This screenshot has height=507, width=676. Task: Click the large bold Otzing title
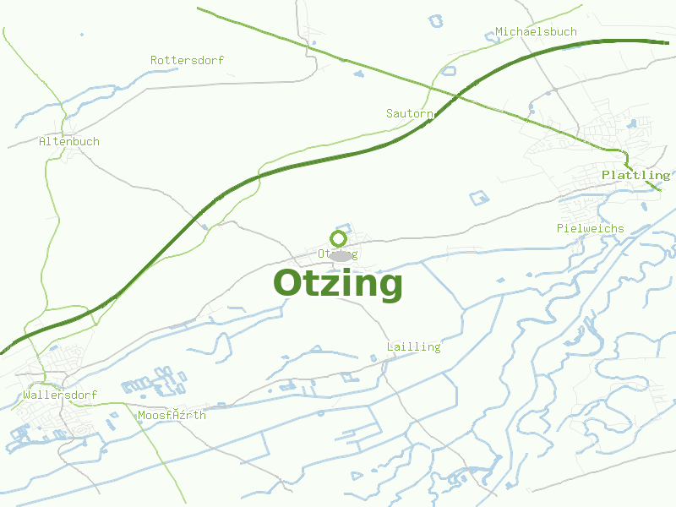click(x=338, y=284)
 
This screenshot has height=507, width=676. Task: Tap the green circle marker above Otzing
click(x=339, y=238)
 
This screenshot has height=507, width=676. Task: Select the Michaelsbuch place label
click(x=536, y=32)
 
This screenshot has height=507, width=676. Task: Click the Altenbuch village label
click(x=69, y=141)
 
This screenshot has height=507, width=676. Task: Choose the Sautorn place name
click(x=410, y=113)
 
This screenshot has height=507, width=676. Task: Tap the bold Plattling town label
click(x=635, y=175)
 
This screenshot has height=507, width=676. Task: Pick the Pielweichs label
click(x=591, y=228)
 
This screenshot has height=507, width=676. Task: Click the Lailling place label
click(x=413, y=346)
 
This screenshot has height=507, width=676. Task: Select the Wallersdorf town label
click(x=61, y=395)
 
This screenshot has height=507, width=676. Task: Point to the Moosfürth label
click(x=172, y=415)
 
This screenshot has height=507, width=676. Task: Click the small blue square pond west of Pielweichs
click(x=479, y=199)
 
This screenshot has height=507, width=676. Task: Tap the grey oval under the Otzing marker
click(x=340, y=255)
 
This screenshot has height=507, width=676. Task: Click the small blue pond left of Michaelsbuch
click(x=491, y=36)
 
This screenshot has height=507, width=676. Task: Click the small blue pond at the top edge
click(x=436, y=19)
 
